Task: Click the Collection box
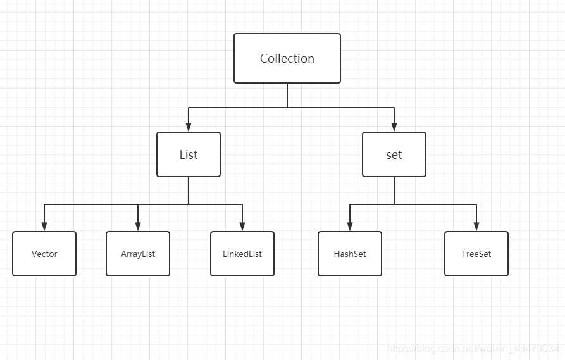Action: pyautogui.click(x=287, y=58)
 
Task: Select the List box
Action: pyautogui.click(x=189, y=154)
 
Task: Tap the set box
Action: pyautogui.click(x=394, y=154)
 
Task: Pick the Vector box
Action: pyautogui.click(x=44, y=254)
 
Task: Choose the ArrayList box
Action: pyautogui.click(x=138, y=254)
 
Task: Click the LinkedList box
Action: pyautogui.click(x=242, y=254)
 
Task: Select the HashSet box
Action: pyautogui.click(x=350, y=254)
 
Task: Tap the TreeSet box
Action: pyautogui.click(x=476, y=254)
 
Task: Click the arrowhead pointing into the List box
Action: pyautogui.click(x=189, y=127)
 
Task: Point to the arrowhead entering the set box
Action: pyautogui.click(x=394, y=127)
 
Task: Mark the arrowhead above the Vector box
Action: pyautogui.click(x=44, y=227)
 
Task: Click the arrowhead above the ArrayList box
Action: pyautogui.click(x=138, y=227)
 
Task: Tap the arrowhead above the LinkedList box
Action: pyautogui.click(x=242, y=227)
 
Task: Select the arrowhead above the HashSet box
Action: pyautogui.click(x=350, y=227)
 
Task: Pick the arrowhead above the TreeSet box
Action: pyautogui.click(x=476, y=227)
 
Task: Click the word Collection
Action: pyautogui.click(x=287, y=58)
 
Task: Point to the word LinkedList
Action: pyautogui.click(x=242, y=254)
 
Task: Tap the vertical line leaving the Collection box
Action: pyautogui.click(x=287, y=95)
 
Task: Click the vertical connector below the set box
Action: pyautogui.click(x=394, y=190)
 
